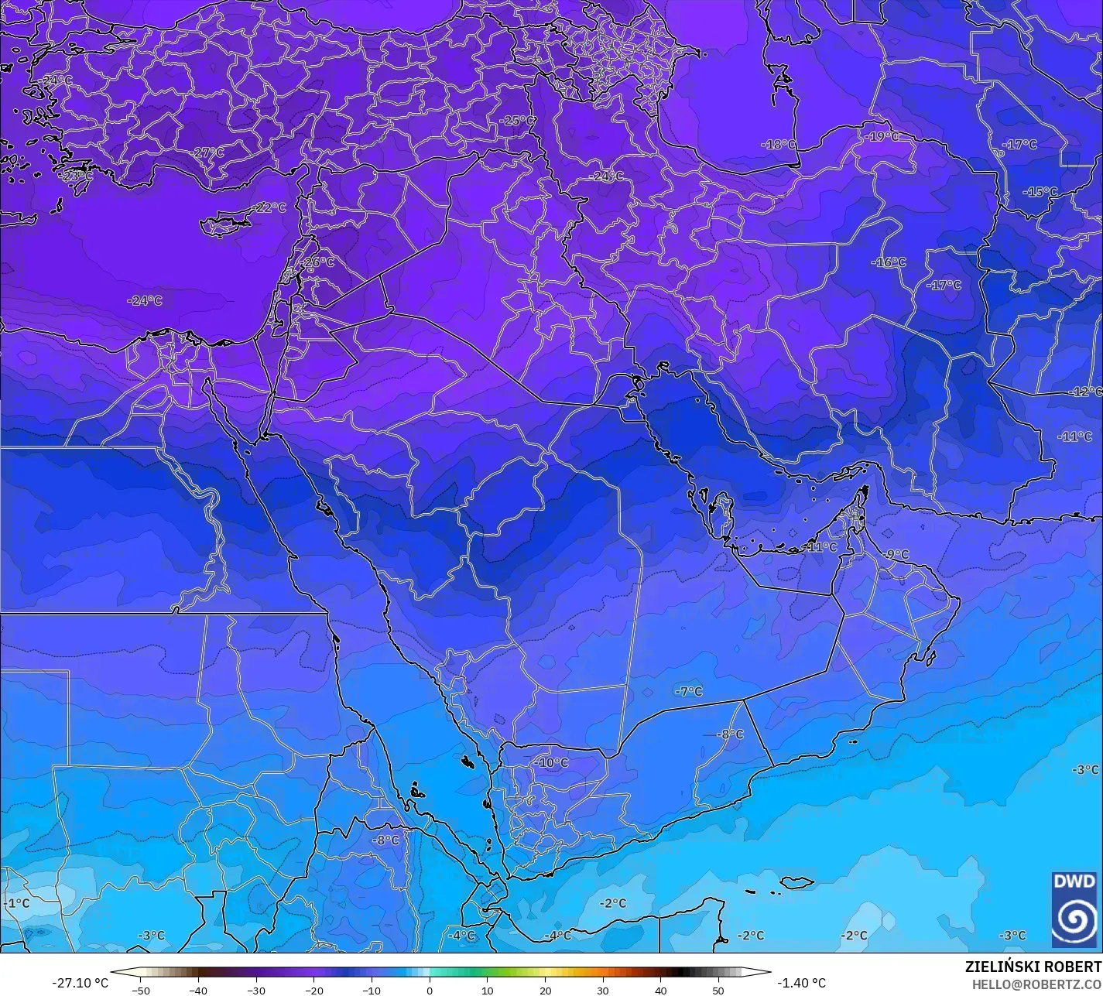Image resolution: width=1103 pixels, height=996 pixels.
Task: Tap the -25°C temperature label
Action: (x=516, y=121)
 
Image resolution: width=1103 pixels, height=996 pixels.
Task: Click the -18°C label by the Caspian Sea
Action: (x=778, y=145)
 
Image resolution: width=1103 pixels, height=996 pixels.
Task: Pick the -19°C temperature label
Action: (x=882, y=136)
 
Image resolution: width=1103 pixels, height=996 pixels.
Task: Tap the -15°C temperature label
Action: (x=1040, y=192)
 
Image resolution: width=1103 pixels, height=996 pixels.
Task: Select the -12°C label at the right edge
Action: (x=1085, y=392)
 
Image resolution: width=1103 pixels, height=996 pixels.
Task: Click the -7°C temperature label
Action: (x=687, y=691)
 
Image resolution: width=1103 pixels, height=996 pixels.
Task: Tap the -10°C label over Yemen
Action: (x=550, y=762)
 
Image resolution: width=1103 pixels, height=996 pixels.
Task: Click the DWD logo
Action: (x=1074, y=909)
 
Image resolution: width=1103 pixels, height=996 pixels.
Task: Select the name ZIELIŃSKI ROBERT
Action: (x=1033, y=967)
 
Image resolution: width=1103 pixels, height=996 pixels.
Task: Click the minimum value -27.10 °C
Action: (x=80, y=983)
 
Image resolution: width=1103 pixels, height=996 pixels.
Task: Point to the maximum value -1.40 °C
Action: (x=801, y=983)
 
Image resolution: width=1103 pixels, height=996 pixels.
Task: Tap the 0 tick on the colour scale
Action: (x=430, y=991)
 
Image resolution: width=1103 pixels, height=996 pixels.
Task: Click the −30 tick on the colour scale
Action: (x=256, y=991)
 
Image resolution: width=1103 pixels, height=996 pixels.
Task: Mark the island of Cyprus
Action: (x=225, y=224)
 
